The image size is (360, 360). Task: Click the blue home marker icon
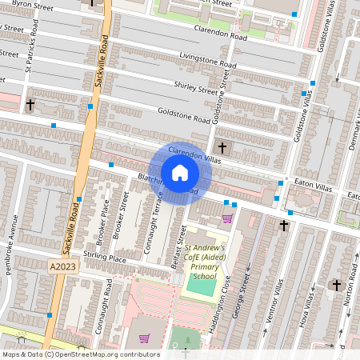point(180,172)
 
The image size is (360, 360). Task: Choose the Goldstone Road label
point(184,117)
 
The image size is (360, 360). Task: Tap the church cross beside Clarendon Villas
point(222,148)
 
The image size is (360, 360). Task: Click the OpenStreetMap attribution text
point(80,354)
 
